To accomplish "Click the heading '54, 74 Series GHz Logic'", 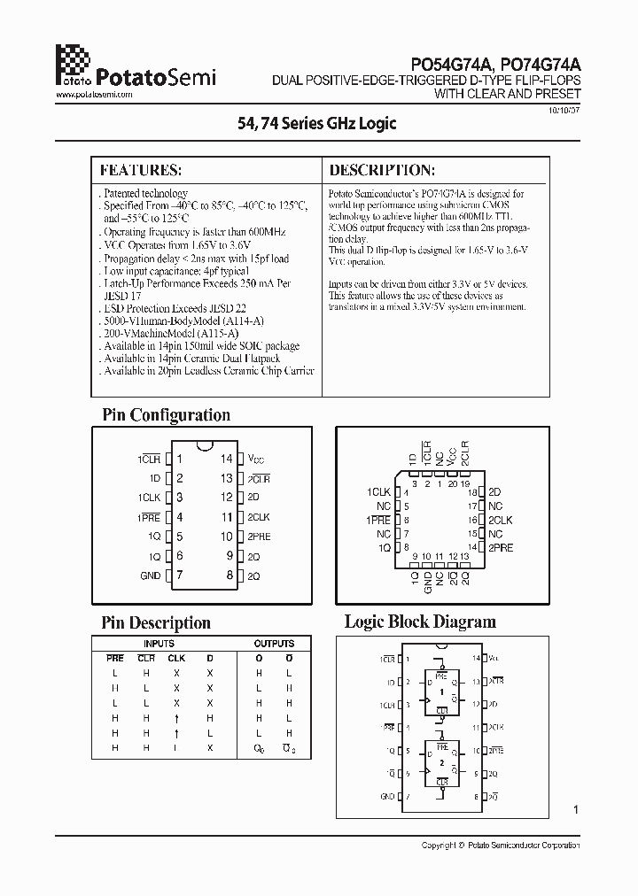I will [318, 124].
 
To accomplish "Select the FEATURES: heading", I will [141, 170].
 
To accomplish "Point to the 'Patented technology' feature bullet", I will [145, 193].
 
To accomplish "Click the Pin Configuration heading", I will [166, 414].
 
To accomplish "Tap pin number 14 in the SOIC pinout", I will [227, 459].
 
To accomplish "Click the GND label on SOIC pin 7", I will [150, 575].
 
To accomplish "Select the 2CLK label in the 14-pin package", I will [259, 517].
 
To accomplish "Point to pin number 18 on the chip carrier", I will [472, 491].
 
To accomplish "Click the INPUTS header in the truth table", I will [159, 644].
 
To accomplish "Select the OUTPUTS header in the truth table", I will [273, 644].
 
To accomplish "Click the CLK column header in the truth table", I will [176, 658].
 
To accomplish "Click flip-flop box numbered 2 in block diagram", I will [440, 761].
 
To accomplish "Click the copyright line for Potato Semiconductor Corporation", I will [501, 846].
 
